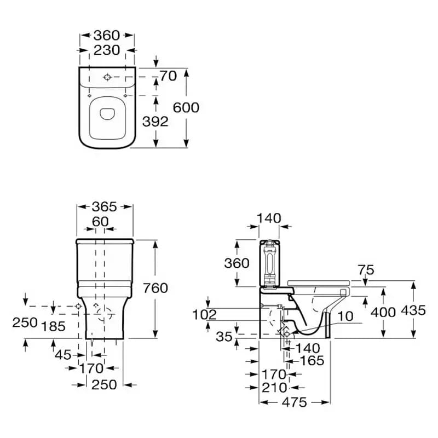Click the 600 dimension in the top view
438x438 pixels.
tap(186, 107)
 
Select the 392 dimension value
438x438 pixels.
tap(155, 122)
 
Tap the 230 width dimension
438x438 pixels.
tap(107, 50)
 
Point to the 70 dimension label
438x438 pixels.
tap(168, 76)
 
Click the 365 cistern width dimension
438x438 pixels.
tap(104, 207)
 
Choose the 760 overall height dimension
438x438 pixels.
tap(155, 288)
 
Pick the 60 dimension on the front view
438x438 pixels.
tap(100, 222)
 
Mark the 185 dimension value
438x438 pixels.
tap(53, 326)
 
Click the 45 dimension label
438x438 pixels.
tap(63, 355)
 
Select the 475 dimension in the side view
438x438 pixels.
tap(295, 402)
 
